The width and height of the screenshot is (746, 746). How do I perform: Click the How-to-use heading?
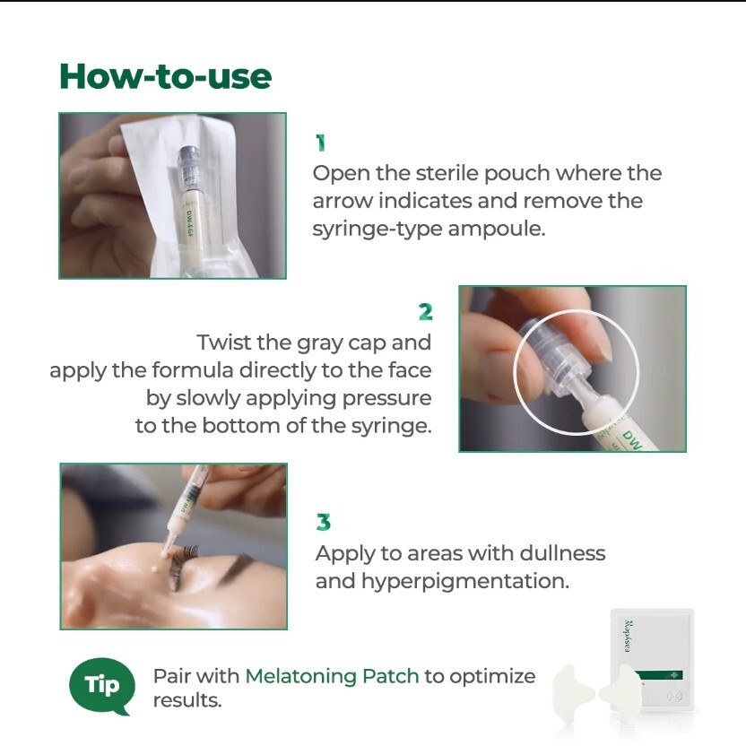(x=166, y=76)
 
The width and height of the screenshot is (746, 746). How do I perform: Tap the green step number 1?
(x=321, y=143)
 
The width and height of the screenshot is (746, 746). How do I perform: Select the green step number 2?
(x=425, y=312)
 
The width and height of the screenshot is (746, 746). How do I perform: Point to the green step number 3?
(x=324, y=522)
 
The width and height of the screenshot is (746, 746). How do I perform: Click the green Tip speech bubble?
(x=102, y=686)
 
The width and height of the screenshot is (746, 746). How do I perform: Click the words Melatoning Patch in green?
(x=332, y=676)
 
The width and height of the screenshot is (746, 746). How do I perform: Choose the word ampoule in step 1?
(x=496, y=230)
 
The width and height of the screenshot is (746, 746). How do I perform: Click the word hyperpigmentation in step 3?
(x=465, y=582)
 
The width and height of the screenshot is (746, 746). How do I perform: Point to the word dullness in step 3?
(x=562, y=553)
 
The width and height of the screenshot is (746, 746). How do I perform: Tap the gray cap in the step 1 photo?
(x=189, y=168)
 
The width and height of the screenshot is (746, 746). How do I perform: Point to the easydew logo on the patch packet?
(x=628, y=636)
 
